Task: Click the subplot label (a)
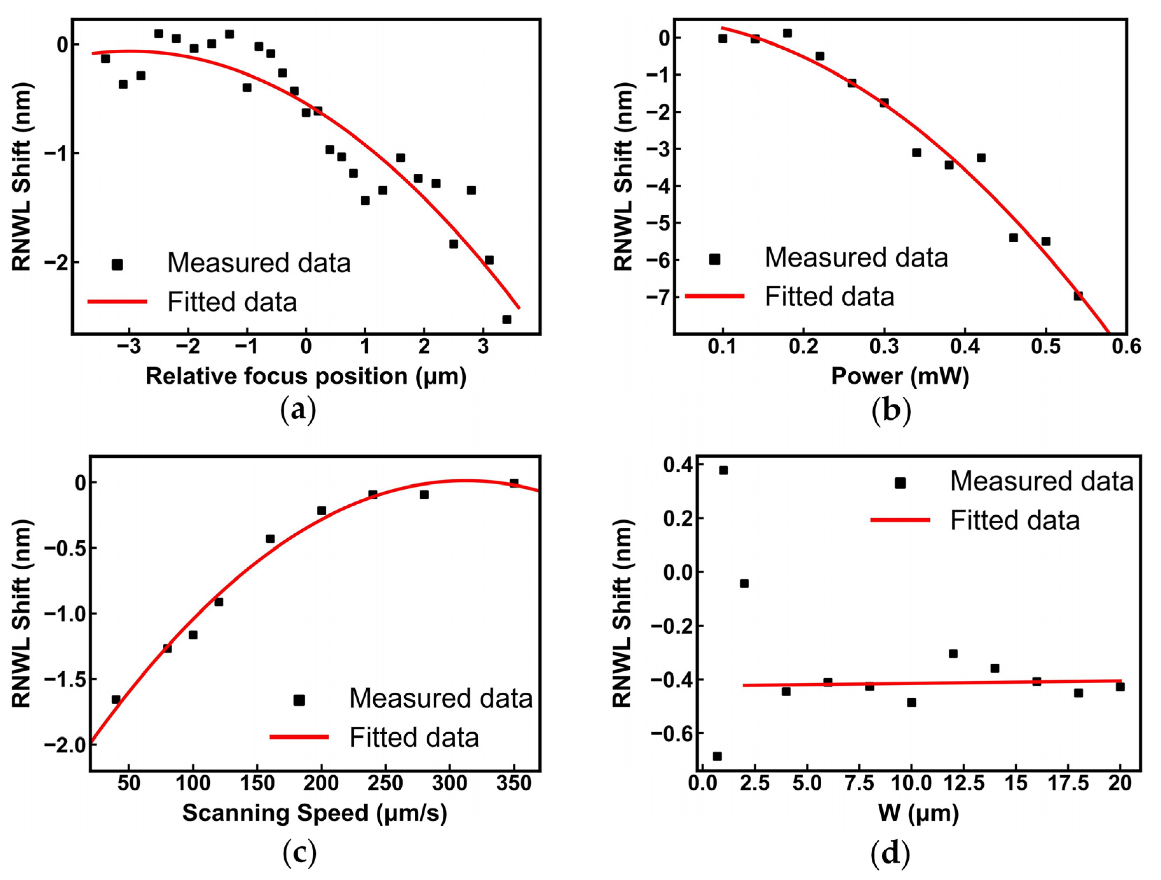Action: [x=298, y=410]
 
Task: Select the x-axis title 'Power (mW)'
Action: [x=900, y=376]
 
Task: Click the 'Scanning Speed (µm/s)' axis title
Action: [x=315, y=812]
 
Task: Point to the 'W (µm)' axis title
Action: [x=918, y=812]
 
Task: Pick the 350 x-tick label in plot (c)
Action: [x=514, y=783]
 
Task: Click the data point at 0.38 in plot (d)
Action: [x=723, y=470]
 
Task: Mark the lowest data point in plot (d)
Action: [x=717, y=756]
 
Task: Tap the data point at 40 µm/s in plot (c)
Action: [x=116, y=700]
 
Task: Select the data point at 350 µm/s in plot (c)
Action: [x=514, y=483]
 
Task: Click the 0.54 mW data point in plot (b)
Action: [x=1078, y=296]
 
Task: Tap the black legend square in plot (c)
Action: [x=299, y=700]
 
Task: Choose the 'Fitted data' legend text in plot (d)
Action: [x=1015, y=520]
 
